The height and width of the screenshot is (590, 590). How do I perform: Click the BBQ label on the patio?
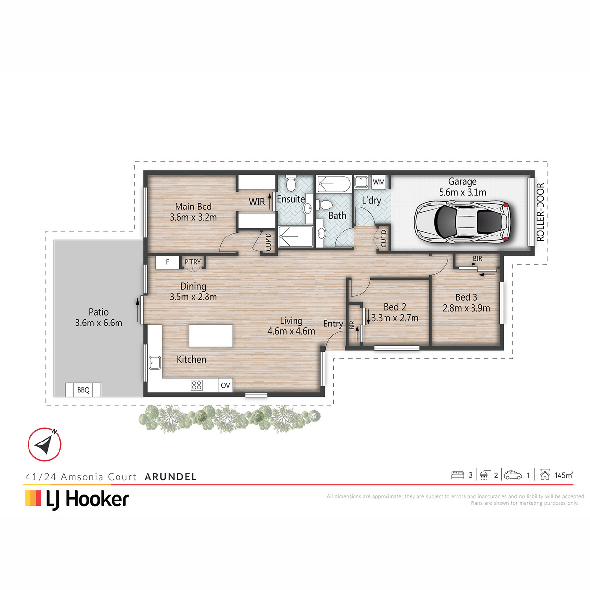[83, 390]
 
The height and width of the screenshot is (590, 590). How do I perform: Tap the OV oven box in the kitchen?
[225, 385]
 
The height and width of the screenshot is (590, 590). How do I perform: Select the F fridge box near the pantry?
[167, 262]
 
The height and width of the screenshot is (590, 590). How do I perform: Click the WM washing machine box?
[379, 182]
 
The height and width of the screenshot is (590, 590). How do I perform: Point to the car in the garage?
[462, 222]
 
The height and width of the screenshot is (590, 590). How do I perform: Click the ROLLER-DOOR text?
[541, 212]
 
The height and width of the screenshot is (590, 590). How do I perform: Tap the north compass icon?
[45, 444]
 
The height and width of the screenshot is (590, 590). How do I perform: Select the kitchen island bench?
[210, 336]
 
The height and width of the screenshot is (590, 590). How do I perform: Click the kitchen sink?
[155, 363]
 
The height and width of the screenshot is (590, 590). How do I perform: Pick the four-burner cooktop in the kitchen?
[196, 385]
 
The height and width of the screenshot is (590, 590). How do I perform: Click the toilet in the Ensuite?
[291, 182]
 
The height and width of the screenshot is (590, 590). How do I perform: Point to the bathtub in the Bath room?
[333, 184]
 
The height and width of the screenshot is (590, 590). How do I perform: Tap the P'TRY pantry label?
[193, 262]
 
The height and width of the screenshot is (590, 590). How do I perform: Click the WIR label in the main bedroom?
[257, 202]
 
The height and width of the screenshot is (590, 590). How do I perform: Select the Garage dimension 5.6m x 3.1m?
[462, 192]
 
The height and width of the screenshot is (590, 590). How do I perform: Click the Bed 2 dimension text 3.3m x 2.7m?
[395, 318]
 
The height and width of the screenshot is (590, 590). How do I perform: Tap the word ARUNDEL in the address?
[171, 477]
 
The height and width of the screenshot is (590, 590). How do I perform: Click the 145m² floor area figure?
[563, 475]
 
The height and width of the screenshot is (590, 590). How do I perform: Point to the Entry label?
[333, 324]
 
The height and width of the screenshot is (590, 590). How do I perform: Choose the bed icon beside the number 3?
[457, 475]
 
